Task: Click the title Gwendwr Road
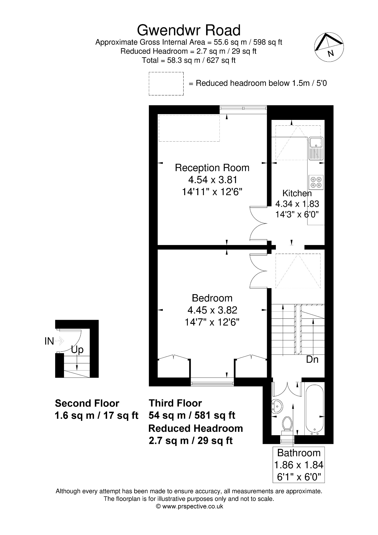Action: coord(189,30)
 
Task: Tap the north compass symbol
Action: coord(329,47)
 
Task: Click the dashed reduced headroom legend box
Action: coord(166,84)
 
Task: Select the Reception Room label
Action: coord(212,168)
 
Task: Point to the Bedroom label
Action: coord(212,298)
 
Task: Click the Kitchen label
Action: coord(297,193)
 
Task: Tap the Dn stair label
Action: coord(312,360)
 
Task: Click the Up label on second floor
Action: coord(77,350)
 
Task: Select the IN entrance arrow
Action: coord(60,341)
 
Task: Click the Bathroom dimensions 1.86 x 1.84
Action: coord(299,465)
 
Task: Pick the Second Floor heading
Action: coord(87,403)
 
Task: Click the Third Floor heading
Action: coord(175,403)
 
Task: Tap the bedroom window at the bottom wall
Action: coord(212,383)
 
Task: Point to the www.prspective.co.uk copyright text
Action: coord(189,506)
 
